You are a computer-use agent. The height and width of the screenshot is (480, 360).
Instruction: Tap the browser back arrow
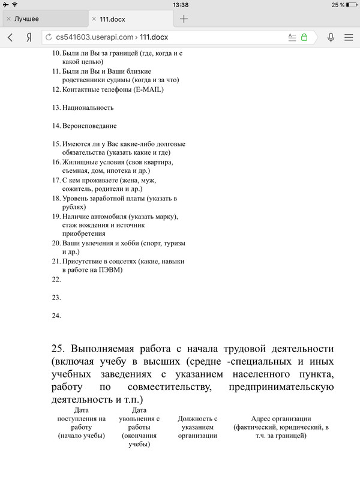point(10,37)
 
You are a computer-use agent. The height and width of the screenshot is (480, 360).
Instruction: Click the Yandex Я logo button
point(28,37)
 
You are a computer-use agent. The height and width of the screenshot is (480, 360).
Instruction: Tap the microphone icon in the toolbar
point(331,37)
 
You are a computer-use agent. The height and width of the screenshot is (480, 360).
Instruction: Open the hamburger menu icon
point(349,37)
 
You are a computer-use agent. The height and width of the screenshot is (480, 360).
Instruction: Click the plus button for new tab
point(184,19)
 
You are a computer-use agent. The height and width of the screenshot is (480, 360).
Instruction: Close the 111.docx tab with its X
point(95,19)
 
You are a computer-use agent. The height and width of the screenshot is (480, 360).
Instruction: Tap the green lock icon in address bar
point(304,37)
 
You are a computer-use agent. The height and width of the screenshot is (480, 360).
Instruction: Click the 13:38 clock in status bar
point(180,5)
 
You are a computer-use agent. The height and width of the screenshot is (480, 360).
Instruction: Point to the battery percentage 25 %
point(337,5)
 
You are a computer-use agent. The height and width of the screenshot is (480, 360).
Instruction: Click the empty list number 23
point(56,297)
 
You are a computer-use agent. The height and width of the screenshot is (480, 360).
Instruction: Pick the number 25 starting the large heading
point(58,349)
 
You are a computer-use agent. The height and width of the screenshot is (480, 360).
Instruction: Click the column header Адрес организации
point(281,418)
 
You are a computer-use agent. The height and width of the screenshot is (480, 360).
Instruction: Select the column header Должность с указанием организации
point(197,427)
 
